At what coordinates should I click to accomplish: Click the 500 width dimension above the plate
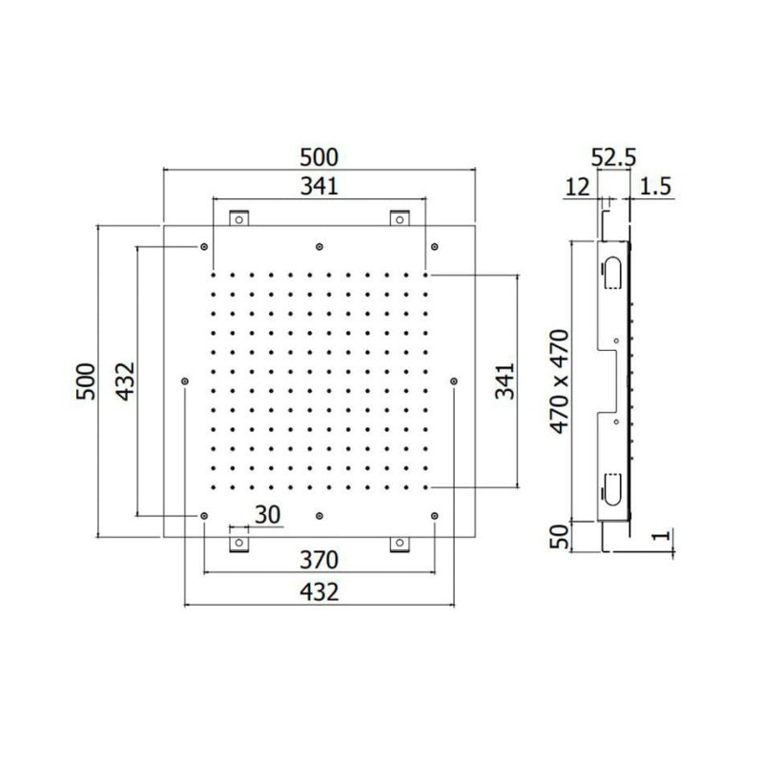click(319, 157)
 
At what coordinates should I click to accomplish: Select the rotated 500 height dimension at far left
click(87, 381)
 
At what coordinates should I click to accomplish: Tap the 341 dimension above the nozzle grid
click(319, 186)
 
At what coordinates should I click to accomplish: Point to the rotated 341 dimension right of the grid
click(505, 381)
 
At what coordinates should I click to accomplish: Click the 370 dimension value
click(319, 560)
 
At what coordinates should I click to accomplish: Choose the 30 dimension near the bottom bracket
click(268, 515)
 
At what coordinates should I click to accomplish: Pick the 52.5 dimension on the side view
click(613, 157)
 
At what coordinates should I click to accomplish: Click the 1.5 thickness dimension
click(655, 186)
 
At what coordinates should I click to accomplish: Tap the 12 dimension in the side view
click(578, 187)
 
